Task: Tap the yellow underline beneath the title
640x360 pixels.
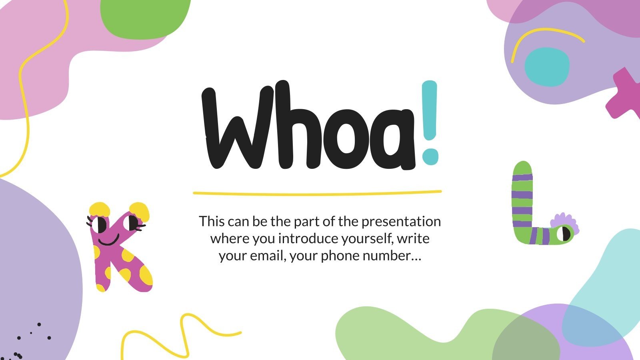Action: click(317, 193)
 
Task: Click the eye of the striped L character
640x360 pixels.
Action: click(565, 233)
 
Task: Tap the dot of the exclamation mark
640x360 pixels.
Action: click(430, 156)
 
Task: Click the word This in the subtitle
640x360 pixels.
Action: click(212, 222)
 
